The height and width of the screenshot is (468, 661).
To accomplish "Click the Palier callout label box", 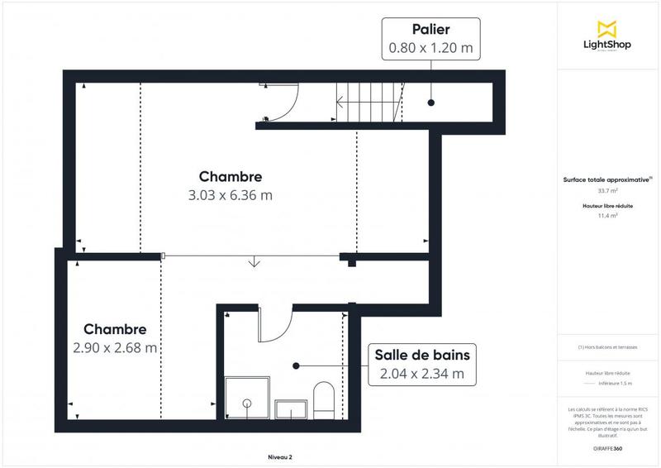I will point(430,39).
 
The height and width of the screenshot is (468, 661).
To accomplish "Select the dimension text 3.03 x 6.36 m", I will point(231,196).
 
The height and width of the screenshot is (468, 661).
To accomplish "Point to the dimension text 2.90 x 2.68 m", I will point(115,347).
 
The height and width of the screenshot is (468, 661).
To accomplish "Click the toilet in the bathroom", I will point(323,399).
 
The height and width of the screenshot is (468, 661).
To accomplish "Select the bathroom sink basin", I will point(292,408).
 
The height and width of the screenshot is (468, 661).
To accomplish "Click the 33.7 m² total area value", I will point(609,190).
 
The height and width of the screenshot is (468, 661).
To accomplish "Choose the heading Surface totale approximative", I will point(607,179).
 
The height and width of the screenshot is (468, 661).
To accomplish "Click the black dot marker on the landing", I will point(430,103).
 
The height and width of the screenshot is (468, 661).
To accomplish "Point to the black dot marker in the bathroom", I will point(296,364).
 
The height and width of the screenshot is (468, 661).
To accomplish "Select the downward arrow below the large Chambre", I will point(254,263).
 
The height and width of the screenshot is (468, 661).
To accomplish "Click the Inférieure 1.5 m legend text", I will point(616,383).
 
